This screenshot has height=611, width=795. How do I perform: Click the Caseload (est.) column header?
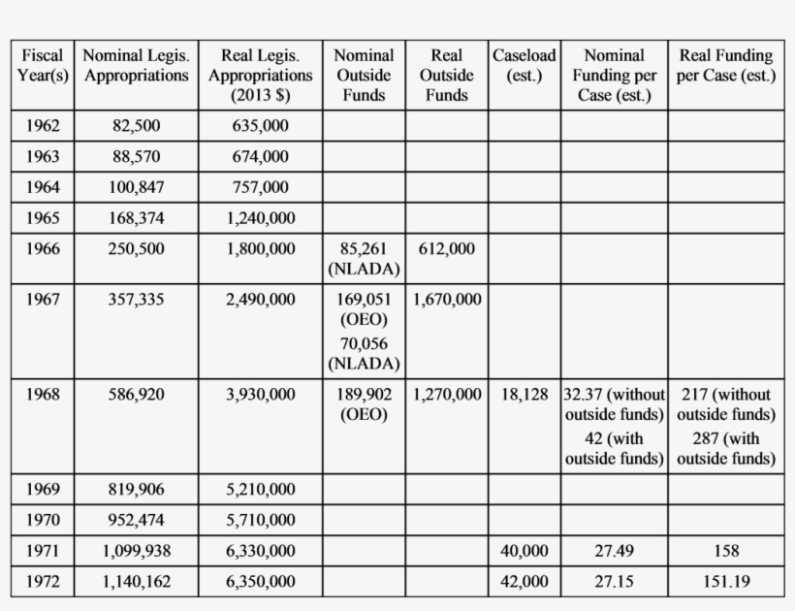pos(524,65)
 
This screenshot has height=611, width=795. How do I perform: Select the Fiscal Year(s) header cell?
pos(43,65)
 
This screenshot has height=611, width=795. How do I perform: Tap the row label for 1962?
pos(43,126)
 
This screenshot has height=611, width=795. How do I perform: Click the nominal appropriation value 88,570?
pos(137,156)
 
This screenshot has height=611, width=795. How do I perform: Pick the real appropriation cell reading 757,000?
pos(260,187)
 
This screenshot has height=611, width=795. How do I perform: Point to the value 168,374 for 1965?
pos(137,218)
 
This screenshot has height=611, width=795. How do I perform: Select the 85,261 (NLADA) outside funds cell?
pos(364,258)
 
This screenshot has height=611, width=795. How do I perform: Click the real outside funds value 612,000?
pos(446,249)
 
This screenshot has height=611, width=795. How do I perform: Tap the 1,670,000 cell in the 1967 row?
pos(446,300)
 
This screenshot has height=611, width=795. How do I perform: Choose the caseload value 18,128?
pos(524,395)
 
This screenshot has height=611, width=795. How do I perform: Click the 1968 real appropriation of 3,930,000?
pos(260,395)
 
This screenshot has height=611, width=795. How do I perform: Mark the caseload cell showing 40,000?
pos(524,551)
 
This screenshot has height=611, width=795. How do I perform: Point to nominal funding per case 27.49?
pos(613,551)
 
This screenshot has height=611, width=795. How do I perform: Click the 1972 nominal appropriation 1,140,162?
pos(137,582)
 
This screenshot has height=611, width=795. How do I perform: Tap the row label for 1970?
pos(43,520)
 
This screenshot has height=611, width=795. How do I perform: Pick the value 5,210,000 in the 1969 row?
pos(260,489)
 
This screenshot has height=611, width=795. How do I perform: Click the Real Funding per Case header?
pos(726,65)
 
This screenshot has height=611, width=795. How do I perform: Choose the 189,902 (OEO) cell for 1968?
pos(364,404)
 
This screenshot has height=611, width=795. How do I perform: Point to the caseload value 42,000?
pos(524,582)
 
